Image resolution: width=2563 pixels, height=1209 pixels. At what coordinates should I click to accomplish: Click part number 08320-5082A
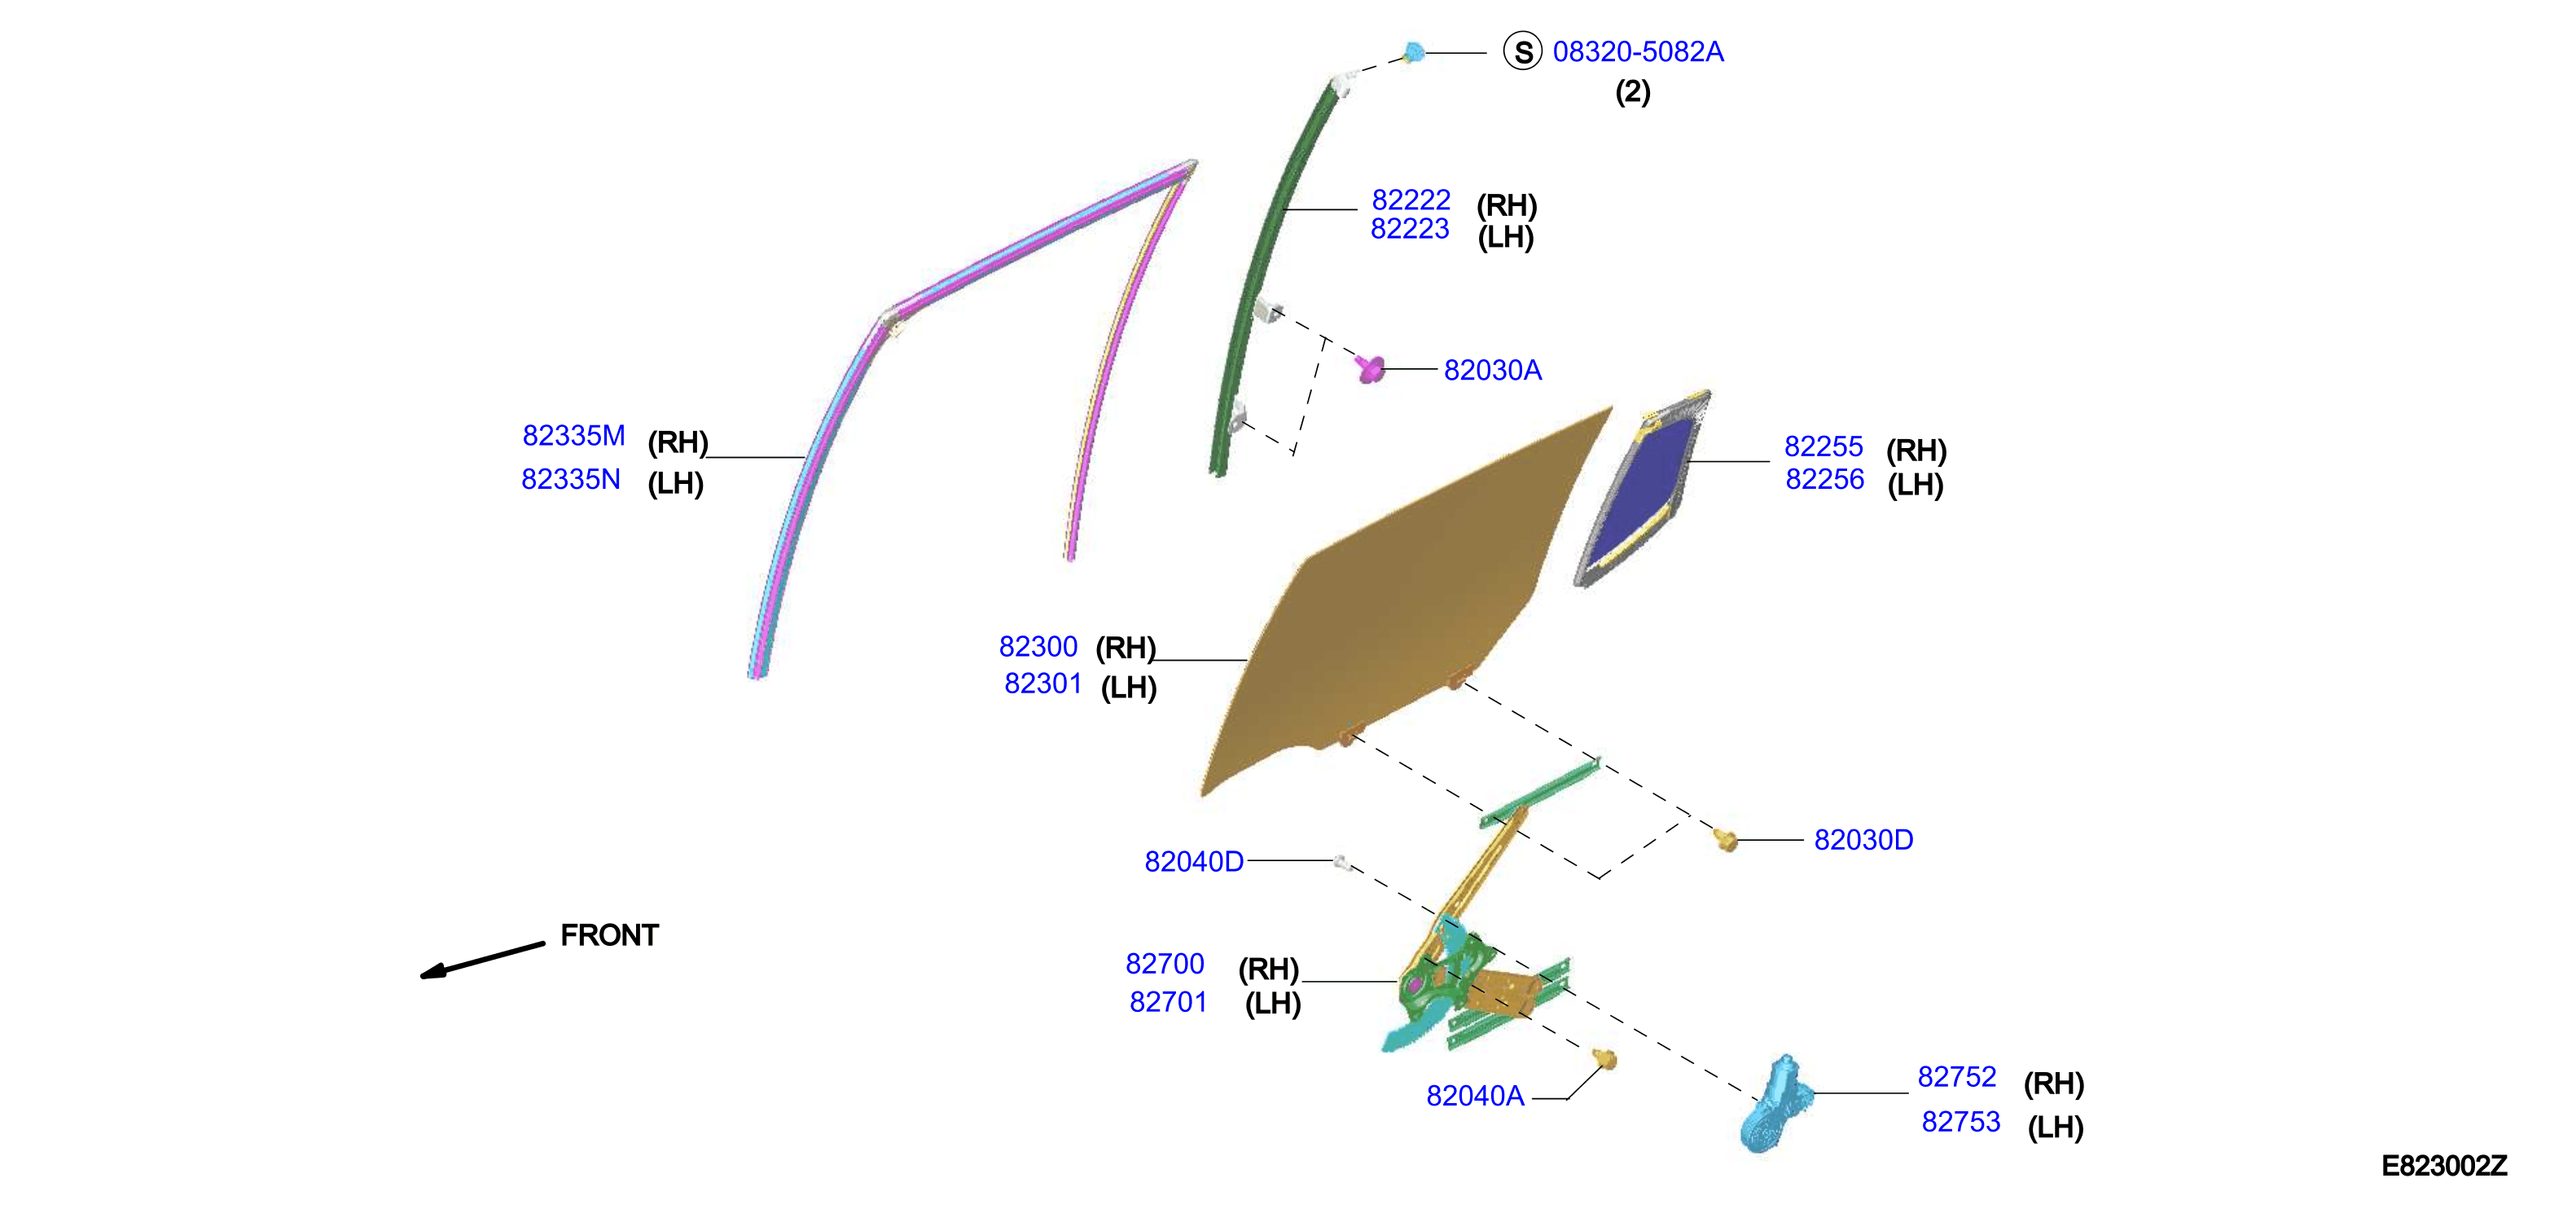(1638, 52)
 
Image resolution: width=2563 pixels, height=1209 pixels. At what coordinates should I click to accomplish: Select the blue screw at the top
(1413, 52)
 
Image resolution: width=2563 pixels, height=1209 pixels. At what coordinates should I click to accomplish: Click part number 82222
(1411, 200)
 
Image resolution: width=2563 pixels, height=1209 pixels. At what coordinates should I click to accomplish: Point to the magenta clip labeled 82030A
(1369, 369)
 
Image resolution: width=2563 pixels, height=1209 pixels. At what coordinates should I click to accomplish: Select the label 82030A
(1492, 370)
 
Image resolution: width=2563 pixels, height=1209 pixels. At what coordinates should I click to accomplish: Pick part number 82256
(1825, 480)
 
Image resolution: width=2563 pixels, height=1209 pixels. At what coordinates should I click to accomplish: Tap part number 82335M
(574, 436)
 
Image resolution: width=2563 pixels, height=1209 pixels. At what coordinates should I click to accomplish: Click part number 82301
(1042, 684)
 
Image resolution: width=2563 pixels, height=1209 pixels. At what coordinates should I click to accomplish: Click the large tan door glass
(1403, 607)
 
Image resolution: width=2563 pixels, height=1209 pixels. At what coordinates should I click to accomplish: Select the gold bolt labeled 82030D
(1727, 840)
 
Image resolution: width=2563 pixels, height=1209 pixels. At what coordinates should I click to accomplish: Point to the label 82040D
(1194, 862)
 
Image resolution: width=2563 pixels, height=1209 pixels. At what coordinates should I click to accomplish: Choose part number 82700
(1165, 965)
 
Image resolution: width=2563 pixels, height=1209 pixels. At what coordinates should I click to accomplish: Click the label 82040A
(1475, 1096)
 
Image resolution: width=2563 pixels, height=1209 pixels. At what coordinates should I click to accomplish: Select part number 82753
(1960, 1122)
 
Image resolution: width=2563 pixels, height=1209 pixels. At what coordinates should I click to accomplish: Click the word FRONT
(610, 935)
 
